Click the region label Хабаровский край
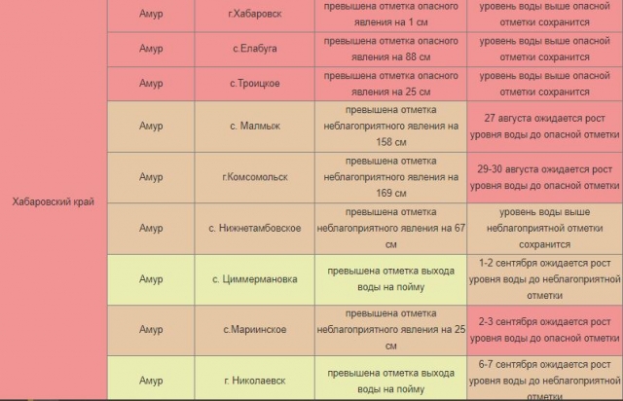point(53,201)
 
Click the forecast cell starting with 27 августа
point(544,127)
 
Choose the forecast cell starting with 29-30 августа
point(544,177)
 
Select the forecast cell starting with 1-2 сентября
point(544,279)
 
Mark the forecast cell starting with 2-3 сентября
point(544,330)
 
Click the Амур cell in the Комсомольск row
point(151,177)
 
